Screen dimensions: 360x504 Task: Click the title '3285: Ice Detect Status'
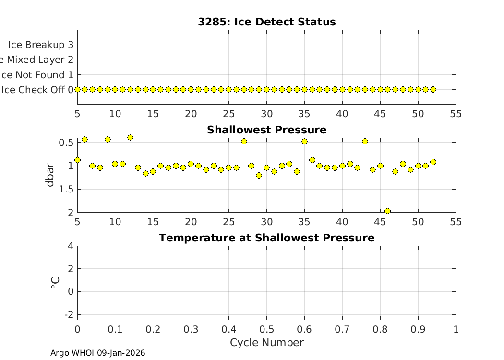tap(266, 22)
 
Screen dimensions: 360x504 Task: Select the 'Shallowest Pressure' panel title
tap(266, 130)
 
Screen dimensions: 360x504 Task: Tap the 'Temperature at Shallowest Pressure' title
tap(266, 238)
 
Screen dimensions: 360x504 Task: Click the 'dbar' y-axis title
tap(50, 175)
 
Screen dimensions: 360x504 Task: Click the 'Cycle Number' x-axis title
tap(266, 342)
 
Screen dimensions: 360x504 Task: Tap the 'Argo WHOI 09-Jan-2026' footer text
tap(98, 353)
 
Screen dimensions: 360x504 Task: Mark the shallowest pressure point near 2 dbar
tap(387, 211)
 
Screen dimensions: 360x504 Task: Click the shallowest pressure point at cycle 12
tap(130, 137)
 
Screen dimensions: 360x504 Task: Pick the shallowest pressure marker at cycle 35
tap(304, 141)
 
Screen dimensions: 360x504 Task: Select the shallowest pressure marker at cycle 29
tap(259, 175)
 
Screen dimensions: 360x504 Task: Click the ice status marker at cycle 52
tap(433, 89)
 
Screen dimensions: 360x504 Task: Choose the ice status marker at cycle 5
tap(77, 89)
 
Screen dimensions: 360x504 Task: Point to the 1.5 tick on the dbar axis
tap(67, 189)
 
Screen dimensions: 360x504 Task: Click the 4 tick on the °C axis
tap(71, 246)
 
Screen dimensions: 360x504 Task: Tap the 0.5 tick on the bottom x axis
tap(266, 329)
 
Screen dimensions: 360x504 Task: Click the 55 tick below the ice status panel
tap(456, 113)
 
